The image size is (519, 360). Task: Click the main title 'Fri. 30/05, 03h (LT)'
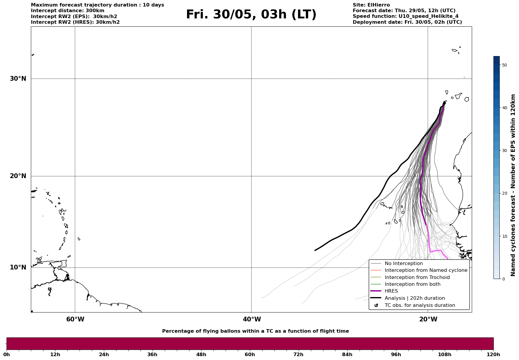[251, 15]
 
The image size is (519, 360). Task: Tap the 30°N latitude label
[18, 79]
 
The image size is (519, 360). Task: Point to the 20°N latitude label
[18, 176]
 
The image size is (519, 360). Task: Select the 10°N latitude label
[18, 267]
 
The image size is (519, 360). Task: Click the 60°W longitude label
[75, 319]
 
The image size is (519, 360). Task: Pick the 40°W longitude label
[252, 319]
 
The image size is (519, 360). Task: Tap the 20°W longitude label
[428, 319]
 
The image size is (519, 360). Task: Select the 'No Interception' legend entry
[404, 264]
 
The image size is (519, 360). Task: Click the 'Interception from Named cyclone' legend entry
[426, 270]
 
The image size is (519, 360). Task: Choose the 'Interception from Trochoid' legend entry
[417, 277]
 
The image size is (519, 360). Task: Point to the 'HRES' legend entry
[391, 291]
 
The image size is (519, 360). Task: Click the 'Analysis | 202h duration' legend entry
[414, 298]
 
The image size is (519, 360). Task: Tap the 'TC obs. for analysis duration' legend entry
[420, 305]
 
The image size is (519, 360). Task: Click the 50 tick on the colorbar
[504, 65]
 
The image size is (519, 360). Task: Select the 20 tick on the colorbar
[504, 194]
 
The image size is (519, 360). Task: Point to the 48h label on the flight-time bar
[201, 355]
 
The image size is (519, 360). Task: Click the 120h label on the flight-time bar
[493, 355]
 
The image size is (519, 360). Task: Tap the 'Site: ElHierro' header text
[371, 5]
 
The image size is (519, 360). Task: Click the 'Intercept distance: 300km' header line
[68, 11]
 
